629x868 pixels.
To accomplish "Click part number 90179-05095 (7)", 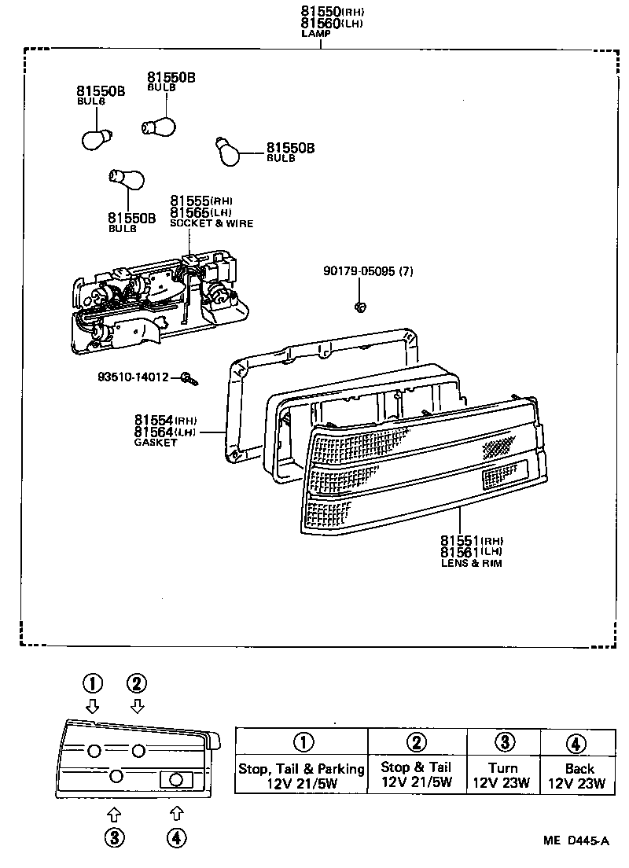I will [x=367, y=271].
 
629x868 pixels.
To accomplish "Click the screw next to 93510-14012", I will [x=189, y=380].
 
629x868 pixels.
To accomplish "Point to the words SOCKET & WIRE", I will [x=212, y=223].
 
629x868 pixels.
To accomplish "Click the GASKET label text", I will [x=156, y=443].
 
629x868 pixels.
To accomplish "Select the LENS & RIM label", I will [x=471, y=564].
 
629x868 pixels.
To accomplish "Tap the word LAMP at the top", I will [x=316, y=34].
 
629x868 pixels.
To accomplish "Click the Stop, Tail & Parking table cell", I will [x=302, y=775].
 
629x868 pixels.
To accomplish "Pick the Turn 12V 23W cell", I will [x=502, y=775].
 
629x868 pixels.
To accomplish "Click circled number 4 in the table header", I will [x=576, y=742].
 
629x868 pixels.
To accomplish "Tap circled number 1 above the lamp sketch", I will [x=94, y=682].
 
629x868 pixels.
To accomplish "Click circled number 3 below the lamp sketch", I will [x=115, y=838].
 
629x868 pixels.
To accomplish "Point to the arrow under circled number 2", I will [x=138, y=704].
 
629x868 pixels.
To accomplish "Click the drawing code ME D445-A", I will [x=576, y=840].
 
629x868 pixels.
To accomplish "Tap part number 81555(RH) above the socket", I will [x=201, y=201].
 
